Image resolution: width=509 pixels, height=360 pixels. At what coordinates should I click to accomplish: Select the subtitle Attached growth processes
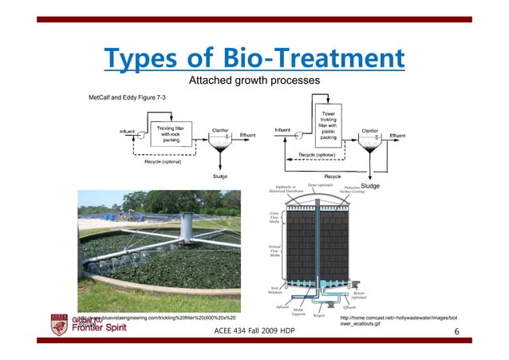pos(254,81)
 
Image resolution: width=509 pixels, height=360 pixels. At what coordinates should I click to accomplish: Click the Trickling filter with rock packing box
pos(172,135)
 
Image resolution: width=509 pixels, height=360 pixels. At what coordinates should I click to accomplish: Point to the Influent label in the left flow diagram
pos(127,131)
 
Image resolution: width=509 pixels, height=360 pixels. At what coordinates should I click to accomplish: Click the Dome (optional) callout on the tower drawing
pos(321,185)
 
